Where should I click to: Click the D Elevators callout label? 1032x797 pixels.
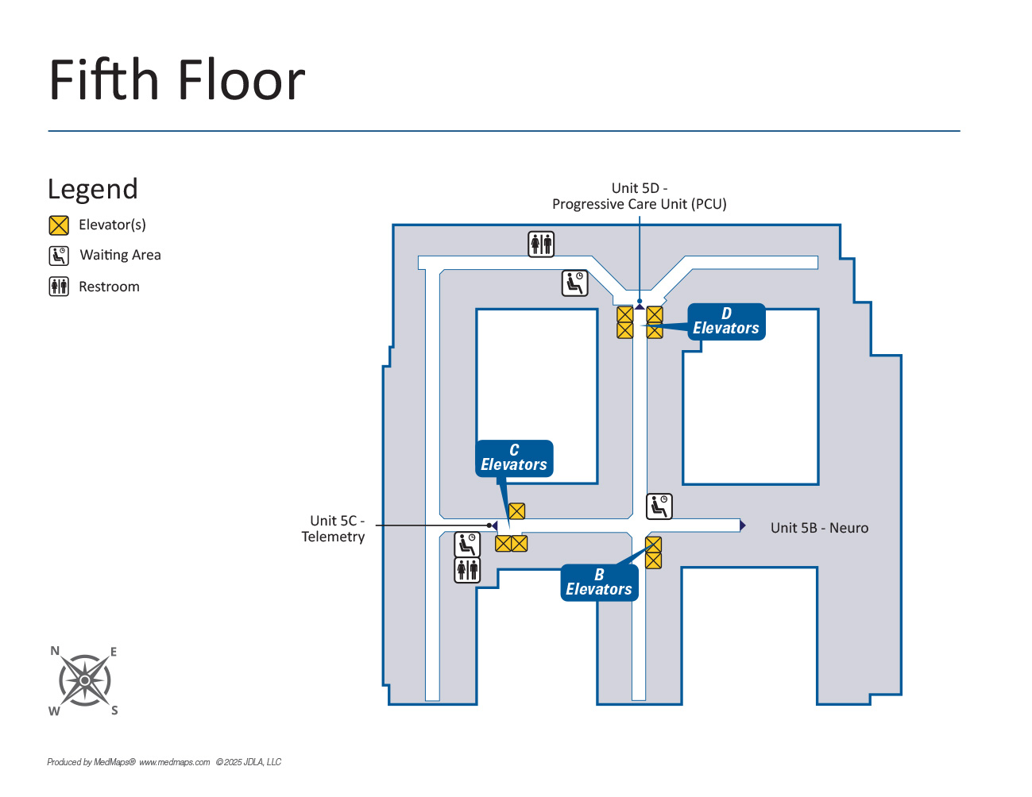click(x=726, y=321)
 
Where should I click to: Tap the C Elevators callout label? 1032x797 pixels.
click(x=514, y=458)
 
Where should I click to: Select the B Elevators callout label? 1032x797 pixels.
click(x=599, y=583)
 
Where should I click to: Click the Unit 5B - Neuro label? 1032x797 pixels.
click(x=819, y=528)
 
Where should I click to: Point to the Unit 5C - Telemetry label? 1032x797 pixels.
click(x=334, y=529)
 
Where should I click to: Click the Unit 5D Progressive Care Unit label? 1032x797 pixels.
click(x=639, y=196)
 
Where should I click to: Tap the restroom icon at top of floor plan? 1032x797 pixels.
click(x=541, y=244)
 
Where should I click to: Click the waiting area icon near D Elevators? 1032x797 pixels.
click(x=575, y=283)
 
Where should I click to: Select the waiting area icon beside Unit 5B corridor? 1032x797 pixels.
click(x=659, y=506)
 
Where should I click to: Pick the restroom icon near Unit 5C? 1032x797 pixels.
click(x=467, y=569)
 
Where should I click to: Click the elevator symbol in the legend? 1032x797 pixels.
click(x=59, y=225)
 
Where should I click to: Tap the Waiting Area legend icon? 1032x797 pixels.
click(x=59, y=256)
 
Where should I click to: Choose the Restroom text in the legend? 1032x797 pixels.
click(x=109, y=287)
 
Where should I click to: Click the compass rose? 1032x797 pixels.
click(x=84, y=680)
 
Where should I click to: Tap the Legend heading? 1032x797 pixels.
click(x=93, y=189)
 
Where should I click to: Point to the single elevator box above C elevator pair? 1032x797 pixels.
click(x=516, y=511)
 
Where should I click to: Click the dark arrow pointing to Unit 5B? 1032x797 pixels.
click(x=742, y=526)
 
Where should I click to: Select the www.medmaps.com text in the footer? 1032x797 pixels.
click(x=174, y=762)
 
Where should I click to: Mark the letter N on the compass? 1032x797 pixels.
click(x=55, y=651)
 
